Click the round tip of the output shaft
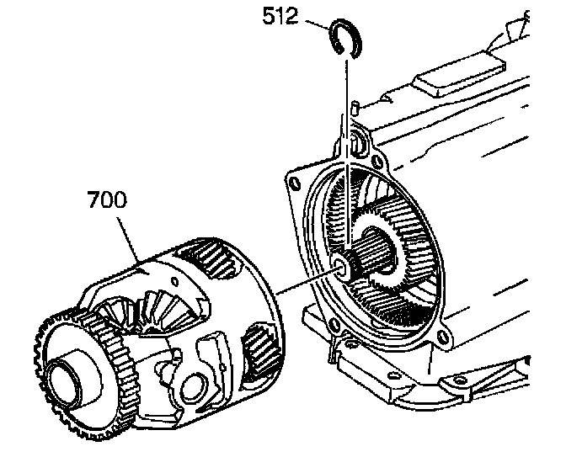tap(341, 268)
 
